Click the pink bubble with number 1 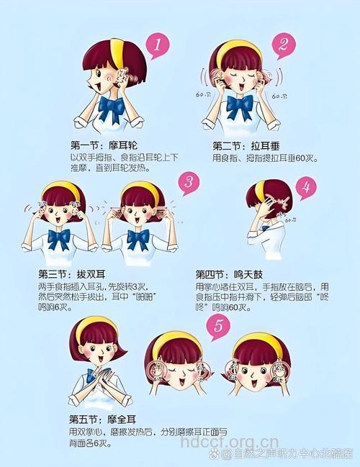[158, 47]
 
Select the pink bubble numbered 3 [189, 183]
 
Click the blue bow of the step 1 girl [112, 109]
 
